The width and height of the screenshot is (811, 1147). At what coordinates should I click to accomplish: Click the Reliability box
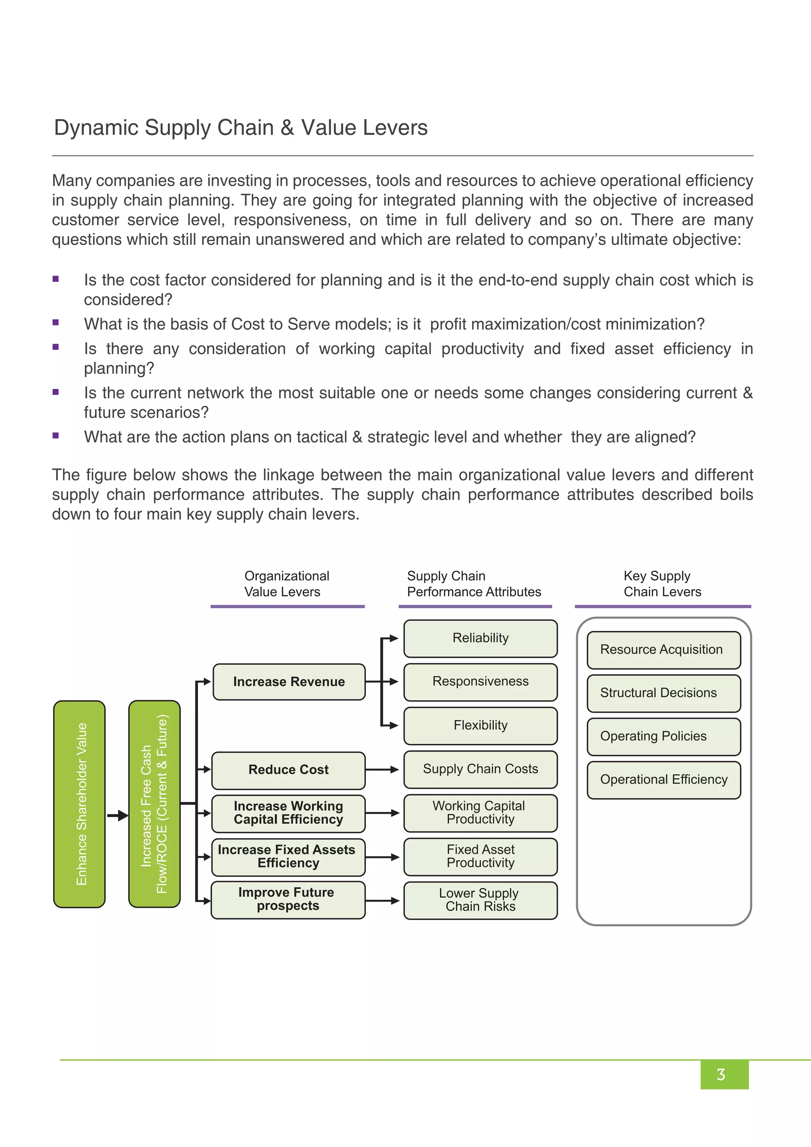pos(480,638)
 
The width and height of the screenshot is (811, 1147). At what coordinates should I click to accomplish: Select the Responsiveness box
pos(480,682)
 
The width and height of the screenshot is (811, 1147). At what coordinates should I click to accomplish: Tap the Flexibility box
pos(480,725)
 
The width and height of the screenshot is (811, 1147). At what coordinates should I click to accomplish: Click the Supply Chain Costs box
pos(480,769)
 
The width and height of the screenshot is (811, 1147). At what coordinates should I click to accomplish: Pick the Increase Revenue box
pos(289,682)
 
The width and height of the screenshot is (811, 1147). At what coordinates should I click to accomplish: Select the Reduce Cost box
pos(288,770)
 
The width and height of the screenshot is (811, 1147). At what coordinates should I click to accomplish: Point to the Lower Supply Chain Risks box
pos(480,900)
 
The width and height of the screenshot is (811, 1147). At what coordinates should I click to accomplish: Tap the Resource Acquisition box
pos(663,650)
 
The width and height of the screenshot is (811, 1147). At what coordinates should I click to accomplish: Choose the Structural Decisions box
pos(663,694)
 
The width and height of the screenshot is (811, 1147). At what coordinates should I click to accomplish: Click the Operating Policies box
pos(663,736)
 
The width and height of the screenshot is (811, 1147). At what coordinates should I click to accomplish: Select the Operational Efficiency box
pos(663,780)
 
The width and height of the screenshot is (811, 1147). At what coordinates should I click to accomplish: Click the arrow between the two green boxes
pos(118,816)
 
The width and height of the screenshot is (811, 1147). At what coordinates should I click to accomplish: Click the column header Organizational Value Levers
pos(287,583)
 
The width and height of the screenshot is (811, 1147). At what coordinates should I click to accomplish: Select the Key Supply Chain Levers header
pos(662,583)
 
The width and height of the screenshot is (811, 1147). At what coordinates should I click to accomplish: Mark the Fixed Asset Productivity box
pos(480,856)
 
